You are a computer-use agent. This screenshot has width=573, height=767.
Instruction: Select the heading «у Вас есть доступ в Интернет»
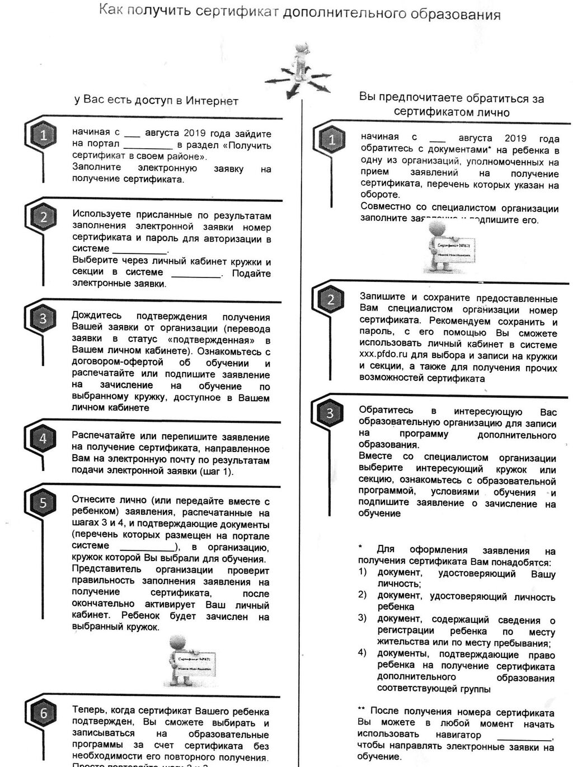click(156, 101)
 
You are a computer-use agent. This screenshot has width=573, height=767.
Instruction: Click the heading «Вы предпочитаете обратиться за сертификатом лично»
click(451, 105)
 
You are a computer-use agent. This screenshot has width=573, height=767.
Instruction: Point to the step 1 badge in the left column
click(43, 135)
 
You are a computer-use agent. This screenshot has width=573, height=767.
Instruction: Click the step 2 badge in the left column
click(43, 217)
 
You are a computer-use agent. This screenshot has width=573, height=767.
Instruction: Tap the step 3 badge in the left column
click(43, 318)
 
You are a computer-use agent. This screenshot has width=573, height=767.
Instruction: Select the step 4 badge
click(43, 438)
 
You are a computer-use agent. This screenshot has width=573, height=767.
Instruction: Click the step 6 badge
click(43, 713)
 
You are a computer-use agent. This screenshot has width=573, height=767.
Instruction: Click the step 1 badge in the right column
click(332, 139)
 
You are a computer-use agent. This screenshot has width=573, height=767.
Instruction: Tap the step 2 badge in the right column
click(331, 299)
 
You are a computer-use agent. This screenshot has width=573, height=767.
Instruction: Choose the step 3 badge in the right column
click(330, 413)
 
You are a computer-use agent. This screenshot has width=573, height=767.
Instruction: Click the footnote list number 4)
click(363, 652)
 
